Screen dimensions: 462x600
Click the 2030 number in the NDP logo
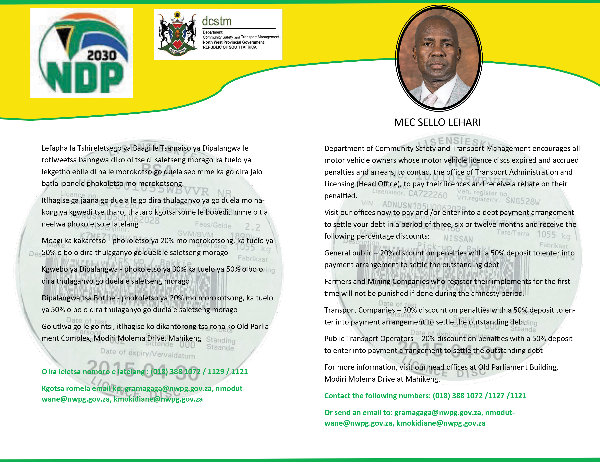point(102,56)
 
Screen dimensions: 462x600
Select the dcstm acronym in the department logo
point(217,21)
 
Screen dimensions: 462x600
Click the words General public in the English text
point(348,253)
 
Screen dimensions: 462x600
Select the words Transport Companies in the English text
point(359,310)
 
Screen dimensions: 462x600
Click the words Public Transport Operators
point(369,339)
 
